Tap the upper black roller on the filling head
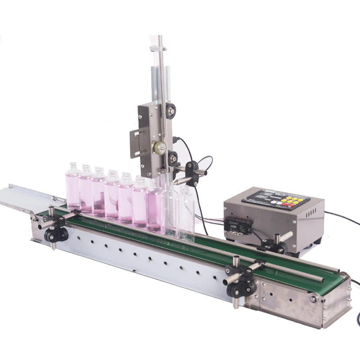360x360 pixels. coord(171,109)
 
